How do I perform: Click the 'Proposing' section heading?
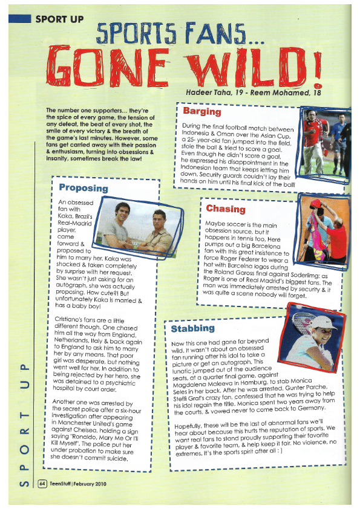(83, 187)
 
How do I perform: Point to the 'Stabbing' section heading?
(192, 328)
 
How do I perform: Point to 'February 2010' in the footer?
(96, 484)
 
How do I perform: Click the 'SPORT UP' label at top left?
(59, 19)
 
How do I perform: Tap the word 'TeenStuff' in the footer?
(64, 484)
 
